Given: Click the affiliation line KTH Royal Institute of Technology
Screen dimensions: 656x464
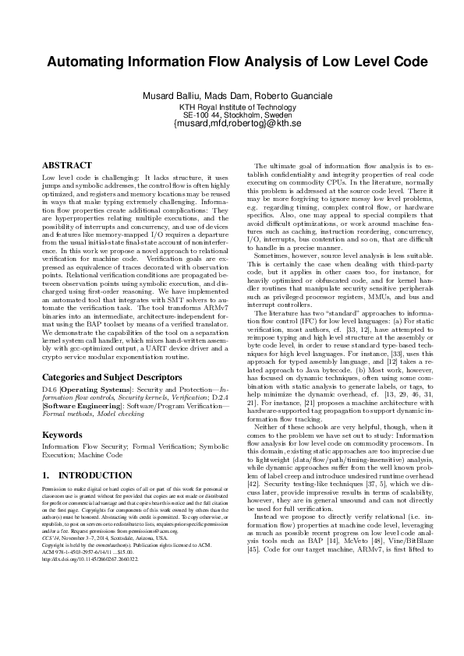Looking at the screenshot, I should coord(232,106).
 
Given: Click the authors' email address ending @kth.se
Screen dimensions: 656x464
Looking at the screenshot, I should coord(232,123).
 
